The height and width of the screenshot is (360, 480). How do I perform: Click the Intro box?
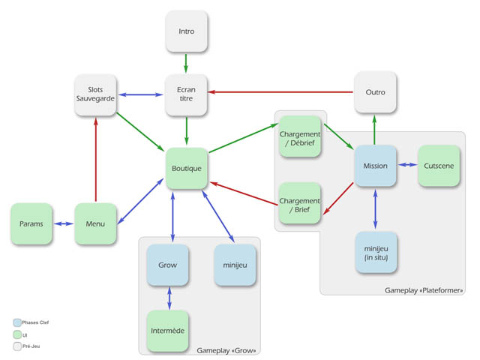186,32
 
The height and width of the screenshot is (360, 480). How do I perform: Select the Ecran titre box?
186,94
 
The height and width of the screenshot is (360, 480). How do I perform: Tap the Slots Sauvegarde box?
96,94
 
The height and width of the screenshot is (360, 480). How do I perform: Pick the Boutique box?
186,168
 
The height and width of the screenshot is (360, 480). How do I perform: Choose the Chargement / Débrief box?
300,136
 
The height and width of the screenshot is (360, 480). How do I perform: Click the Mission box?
375,166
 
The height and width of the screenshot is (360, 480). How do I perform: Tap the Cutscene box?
439,166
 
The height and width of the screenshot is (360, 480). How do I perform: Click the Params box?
31,223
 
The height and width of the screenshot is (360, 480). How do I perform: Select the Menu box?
96,223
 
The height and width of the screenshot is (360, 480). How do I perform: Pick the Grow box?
168,265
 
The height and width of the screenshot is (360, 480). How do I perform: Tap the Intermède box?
168,331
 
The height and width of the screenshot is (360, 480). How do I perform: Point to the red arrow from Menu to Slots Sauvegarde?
96,158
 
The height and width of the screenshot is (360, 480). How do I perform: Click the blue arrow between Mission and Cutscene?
407,166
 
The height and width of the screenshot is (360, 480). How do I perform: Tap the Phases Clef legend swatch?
16,322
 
